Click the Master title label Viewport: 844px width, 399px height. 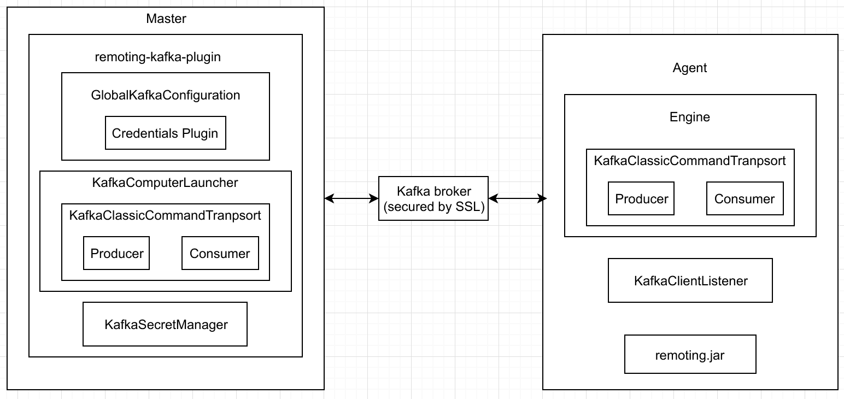click(x=166, y=19)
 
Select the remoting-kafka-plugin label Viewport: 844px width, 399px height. click(x=158, y=57)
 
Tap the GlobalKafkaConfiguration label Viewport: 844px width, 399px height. click(x=166, y=95)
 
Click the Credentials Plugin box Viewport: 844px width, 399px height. click(x=165, y=133)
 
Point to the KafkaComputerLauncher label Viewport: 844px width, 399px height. click(x=165, y=183)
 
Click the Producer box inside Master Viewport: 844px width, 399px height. click(x=116, y=253)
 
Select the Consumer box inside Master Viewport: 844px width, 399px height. click(x=220, y=253)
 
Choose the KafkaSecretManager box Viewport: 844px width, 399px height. click(x=165, y=324)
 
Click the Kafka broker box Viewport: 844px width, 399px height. click(x=433, y=198)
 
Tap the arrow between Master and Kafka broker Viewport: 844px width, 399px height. click(x=351, y=198)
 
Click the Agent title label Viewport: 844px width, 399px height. click(x=690, y=68)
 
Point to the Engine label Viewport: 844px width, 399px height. click(x=690, y=117)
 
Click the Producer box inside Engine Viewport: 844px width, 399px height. click(x=641, y=198)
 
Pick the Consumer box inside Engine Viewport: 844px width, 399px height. click(x=745, y=198)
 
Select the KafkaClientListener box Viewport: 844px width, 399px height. click(x=690, y=280)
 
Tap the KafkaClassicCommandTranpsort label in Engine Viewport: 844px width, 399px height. click(x=690, y=161)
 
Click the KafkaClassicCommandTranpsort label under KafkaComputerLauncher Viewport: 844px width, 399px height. click(x=165, y=215)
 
